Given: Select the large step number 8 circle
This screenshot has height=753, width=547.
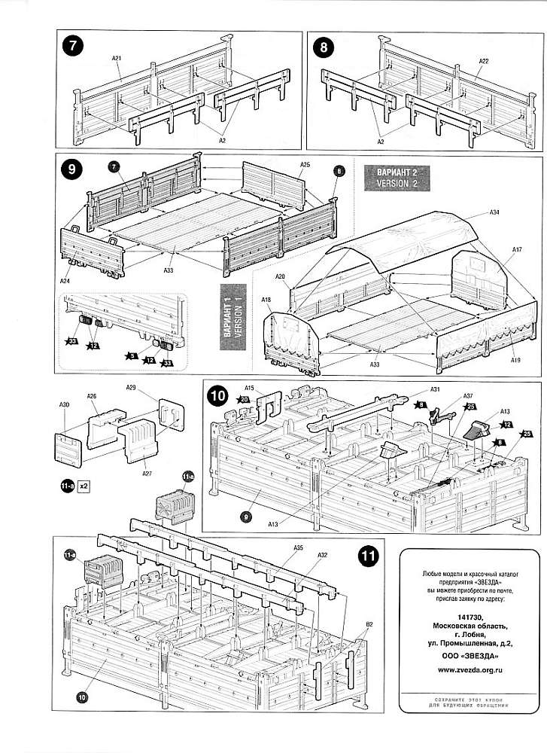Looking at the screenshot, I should pos(325,47).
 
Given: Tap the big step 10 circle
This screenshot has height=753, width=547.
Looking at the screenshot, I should pos(218,395).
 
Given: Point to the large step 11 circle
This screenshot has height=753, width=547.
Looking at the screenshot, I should pos(368,556).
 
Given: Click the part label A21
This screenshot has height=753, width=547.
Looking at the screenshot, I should pos(117,58).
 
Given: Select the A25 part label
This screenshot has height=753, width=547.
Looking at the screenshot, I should pos(305,163).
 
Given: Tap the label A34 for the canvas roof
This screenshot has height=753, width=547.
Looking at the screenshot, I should pos(494,213).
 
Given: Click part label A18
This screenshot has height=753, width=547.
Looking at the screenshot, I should pos(266,300).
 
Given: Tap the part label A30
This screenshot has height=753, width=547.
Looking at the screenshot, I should pos(64,405).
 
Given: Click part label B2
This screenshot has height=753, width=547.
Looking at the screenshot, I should pos(370,625).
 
